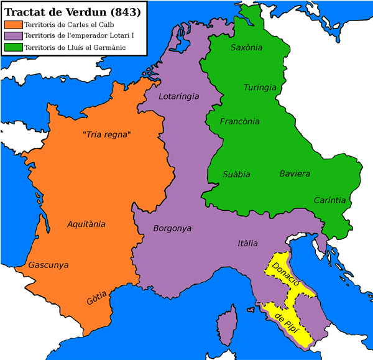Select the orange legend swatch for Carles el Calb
(12, 24)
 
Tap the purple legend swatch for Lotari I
(12, 35)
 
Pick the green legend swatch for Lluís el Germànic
(12, 47)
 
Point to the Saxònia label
(246, 47)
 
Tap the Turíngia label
(260, 87)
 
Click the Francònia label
(240, 121)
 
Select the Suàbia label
(236, 174)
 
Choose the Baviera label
(294, 173)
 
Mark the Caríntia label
(329, 200)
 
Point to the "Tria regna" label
(106, 135)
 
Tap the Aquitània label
(86, 224)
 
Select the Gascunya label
(48, 265)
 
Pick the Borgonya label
(172, 228)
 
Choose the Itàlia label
(247, 243)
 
